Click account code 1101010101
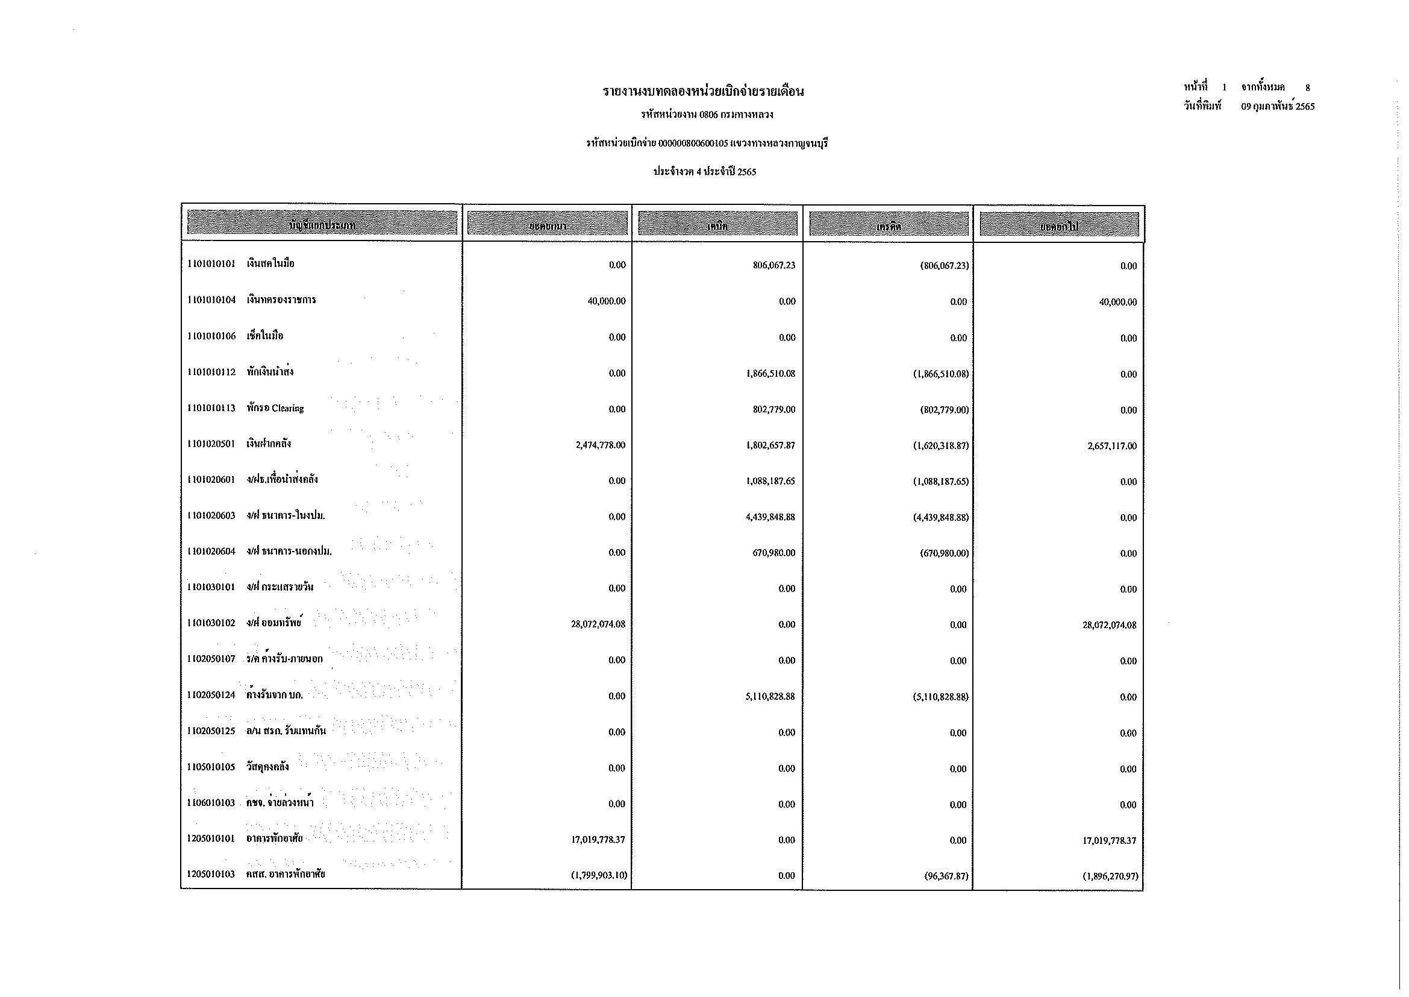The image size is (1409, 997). [211, 264]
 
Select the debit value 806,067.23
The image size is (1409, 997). [774, 265]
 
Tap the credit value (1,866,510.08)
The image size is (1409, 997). [940, 374]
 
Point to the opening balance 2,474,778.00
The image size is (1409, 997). [600, 445]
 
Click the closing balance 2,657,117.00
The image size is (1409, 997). [1111, 446]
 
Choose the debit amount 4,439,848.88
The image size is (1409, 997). [770, 517]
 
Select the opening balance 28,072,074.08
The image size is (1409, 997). [598, 624]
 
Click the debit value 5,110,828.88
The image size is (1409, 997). [770, 697]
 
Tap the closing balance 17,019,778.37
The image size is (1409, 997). [1109, 840]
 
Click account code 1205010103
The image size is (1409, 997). [211, 874]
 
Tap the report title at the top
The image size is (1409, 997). [702, 92]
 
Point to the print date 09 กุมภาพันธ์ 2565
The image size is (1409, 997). [1278, 106]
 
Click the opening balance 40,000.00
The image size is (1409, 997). [607, 301]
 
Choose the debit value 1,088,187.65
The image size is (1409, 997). [770, 481]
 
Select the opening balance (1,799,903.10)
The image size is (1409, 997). [599, 875]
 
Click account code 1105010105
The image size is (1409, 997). [211, 767]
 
